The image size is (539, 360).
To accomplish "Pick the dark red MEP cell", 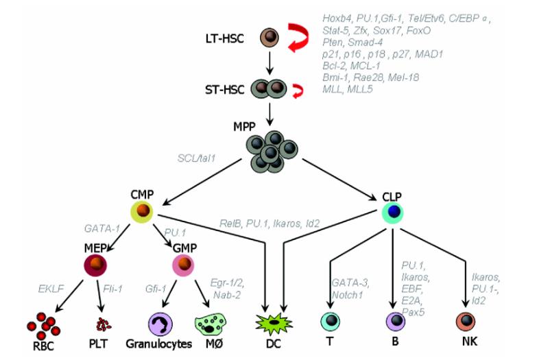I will [97, 264].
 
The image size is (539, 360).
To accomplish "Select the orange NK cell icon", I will [467, 322].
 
